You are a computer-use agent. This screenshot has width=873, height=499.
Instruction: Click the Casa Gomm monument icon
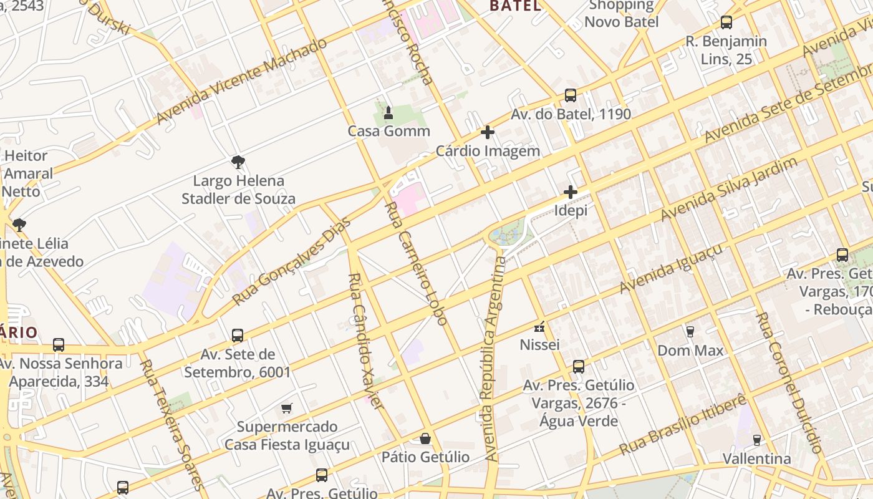pos(388,113)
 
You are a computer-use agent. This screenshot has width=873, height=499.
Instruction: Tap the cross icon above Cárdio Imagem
pos(488,132)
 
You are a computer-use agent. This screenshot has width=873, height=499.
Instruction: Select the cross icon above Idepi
pos(570,192)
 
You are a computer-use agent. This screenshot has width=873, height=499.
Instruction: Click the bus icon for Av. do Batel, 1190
pos(571,95)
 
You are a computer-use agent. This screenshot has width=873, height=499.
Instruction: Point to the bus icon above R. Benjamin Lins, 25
pos(726,22)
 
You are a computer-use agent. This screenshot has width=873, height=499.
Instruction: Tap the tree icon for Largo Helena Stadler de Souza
pos(238,162)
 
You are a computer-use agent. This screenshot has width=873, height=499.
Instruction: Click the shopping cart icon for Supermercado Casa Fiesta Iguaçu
pos(286,409)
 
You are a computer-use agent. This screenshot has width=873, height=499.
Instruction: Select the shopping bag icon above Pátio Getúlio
pos(425,438)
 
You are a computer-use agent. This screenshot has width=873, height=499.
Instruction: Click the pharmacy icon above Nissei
pos(539,326)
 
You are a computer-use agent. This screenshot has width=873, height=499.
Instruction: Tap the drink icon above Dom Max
pos(690,331)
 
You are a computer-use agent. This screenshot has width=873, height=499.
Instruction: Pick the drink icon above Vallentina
pos(756,440)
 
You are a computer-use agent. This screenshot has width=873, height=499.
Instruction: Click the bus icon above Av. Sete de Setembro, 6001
pos(238,336)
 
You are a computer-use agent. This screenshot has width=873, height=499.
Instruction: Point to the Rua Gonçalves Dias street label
pos(291,261)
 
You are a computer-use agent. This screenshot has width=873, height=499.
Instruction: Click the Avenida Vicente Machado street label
pos(241,81)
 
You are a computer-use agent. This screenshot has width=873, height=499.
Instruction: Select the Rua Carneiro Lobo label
pos(416,263)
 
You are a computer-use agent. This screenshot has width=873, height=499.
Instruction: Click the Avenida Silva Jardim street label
pos(729,189)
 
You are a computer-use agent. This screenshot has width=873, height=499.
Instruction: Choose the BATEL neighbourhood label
pos(515,6)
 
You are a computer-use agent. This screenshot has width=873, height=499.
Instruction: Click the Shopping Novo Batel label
pos(621,14)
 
